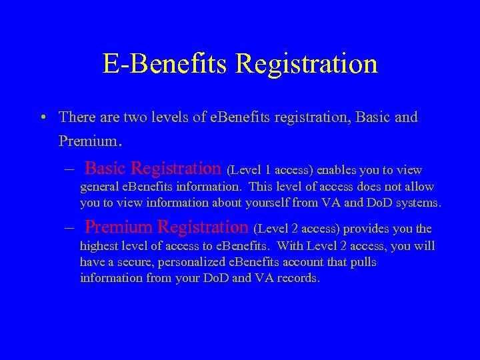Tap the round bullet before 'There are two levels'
pyautogui.click(x=42, y=118)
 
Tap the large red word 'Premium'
pyautogui.click(x=119, y=227)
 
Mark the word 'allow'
pyautogui.click(x=418, y=187)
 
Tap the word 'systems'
pyautogui.click(x=419, y=203)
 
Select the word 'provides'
pyautogui.click(x=365, y=229)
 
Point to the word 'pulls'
pyautogui.click(x=364, y=262)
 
